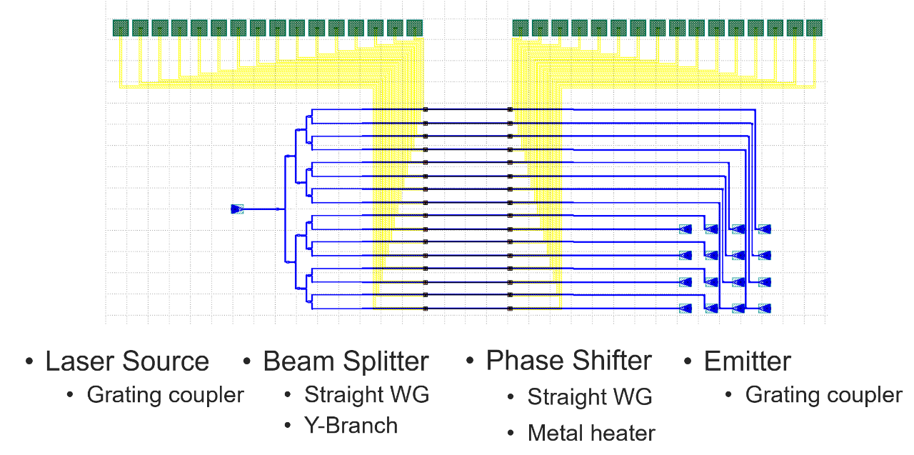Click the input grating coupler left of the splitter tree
(x=238, y=209)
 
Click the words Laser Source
(x=127, y=361)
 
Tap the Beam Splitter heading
(x=346, y=361)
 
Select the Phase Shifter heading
(x=568, y=361)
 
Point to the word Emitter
(x=747, y=361)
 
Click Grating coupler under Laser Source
(x=166, y=394)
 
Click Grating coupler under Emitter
(x=824, y=394)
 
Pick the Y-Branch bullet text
(x=351, y=426)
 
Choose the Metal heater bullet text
(x=591, y=433)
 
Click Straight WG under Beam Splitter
(x=367, y=394)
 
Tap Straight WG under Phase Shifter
(x=590, y=396)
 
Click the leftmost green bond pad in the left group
(x=121, y=28)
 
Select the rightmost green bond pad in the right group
(x=814, y=28)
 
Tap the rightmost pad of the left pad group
(x=414, y=28)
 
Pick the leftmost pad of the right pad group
(x=521, y=28)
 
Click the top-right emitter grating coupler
(x=764, y=229)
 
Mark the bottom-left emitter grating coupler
(x=685, y=309)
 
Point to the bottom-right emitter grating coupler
(x=764, y=309)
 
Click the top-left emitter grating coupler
(x=685, y=229)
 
